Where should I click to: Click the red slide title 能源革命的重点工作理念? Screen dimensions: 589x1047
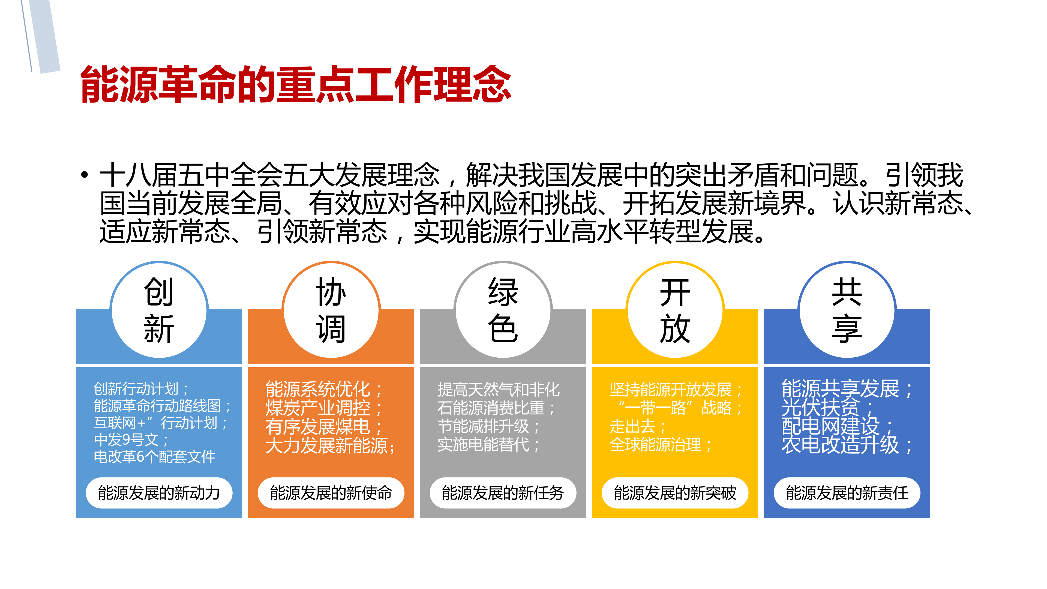click(x=295, y=84)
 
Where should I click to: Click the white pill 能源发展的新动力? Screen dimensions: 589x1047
click(x=159, y=493)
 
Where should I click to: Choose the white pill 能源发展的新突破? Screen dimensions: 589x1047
click(x=675, y=493)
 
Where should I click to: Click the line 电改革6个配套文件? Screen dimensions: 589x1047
click(x=154, y=456)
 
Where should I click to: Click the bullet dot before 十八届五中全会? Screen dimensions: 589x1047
click(x=84, y=175)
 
